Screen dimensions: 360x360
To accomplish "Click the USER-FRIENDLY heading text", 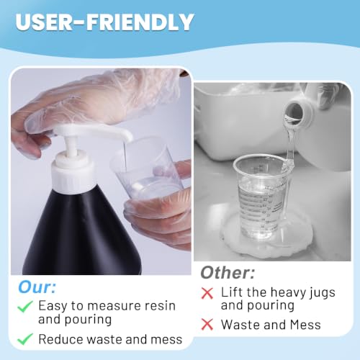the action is coord(104,22).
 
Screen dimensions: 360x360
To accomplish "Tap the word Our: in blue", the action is coord(37,287).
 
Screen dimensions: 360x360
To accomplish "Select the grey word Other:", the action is coord(228,273).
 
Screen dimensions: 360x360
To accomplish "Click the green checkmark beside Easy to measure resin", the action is coord(25,306).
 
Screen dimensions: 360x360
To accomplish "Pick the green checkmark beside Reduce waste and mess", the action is coord(25,339).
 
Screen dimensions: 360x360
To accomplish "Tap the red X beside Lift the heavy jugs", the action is coord(207,293).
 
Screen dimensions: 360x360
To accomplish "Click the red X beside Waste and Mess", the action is coord(207,325).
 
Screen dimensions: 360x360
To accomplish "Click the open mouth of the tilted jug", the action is coord(294,112).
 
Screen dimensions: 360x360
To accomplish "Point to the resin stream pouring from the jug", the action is coord(290,144).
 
